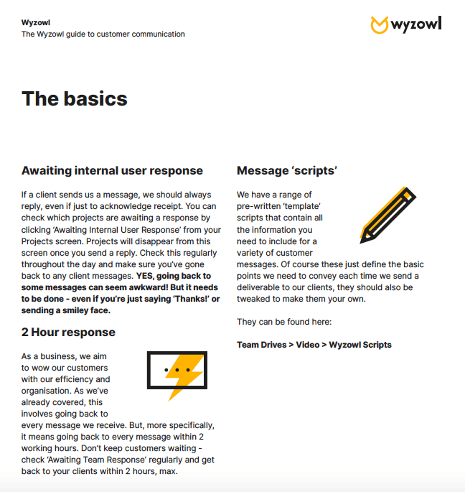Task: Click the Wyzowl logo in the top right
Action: coord(405,24)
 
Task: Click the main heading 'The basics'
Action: coord(75,98)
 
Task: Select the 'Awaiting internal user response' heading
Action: coord(112,171)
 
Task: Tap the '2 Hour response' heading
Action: coord(68,333)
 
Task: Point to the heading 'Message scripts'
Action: coord(287,171)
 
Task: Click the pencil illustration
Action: coord(387,213)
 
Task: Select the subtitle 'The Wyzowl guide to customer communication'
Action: coord(103,34)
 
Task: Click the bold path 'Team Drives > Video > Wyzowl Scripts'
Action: coord(314,345)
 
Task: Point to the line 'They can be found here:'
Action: coord(284,321)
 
